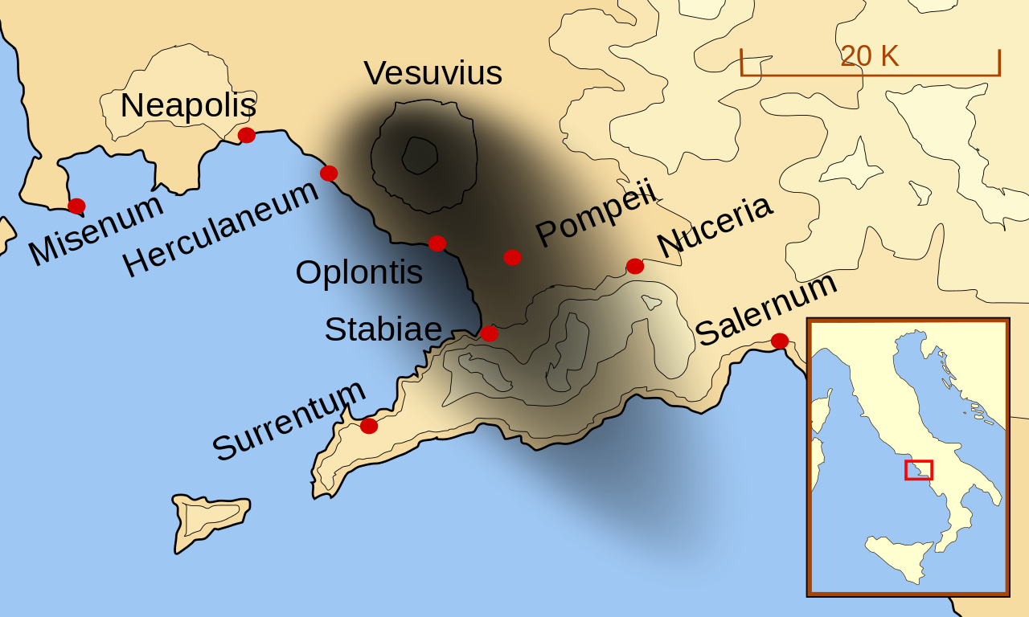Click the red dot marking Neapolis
pos(247,135)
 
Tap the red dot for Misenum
pos(76,206)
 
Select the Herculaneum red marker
pos(329,173)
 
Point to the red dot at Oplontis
pos(437,243)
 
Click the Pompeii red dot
pos(512,257)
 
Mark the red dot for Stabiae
pos(490,333)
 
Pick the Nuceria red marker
pos(635,266)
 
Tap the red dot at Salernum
pos(780,341)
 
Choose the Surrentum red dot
pos(369,426)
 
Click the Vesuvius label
pos(433,74)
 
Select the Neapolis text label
pos(188,106)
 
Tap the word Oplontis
pos(359,273)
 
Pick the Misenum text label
pos(96,230)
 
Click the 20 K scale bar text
pos(869,56)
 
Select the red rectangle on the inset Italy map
pos(918,470)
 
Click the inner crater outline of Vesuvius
pos(419,155)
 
